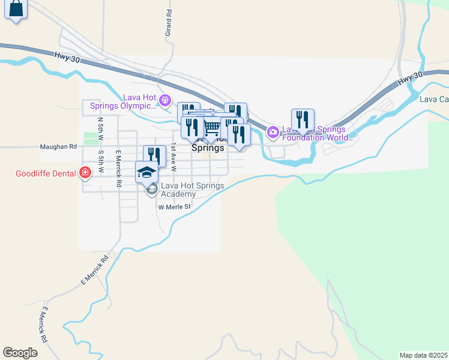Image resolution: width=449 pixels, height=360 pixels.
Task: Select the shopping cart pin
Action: click(212, 128)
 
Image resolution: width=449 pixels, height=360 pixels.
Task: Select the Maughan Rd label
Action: click(58, 146)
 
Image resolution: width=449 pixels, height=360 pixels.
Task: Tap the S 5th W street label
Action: click(101, 161)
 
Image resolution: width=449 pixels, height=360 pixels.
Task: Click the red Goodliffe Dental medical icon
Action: click(85, 174)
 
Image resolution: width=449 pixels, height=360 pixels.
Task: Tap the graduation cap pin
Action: click(146, 173)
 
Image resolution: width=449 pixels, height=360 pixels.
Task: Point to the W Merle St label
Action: click(174, 207)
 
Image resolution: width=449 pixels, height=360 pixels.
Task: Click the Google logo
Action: click(20, 353)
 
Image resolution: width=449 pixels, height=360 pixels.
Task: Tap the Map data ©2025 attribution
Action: click(423, 355)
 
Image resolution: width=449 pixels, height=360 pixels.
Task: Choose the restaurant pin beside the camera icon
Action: click(303, 120)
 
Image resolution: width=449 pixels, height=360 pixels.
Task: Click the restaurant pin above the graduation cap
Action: click(155, 156)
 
